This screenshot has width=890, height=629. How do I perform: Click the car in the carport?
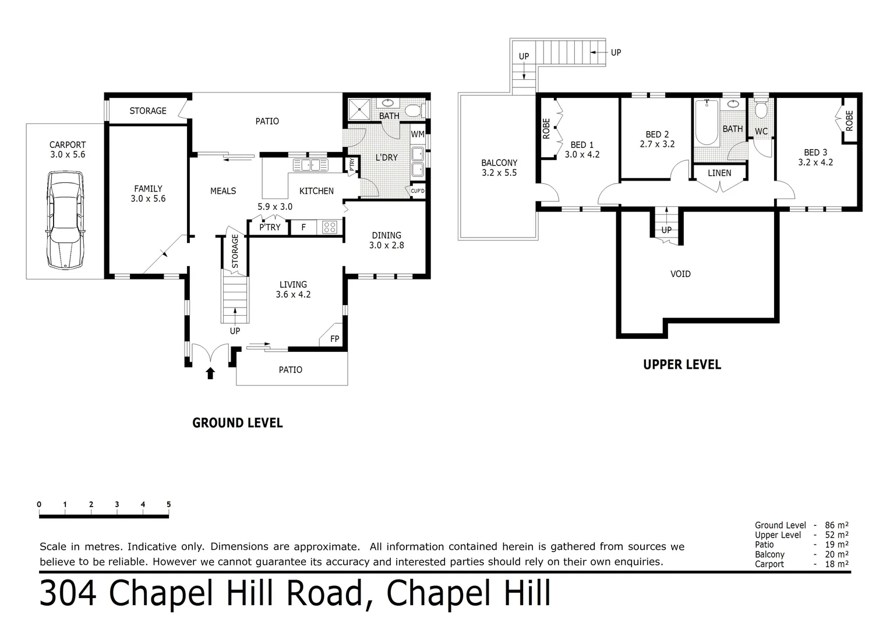tap(65, 220)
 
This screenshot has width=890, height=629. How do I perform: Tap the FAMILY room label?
tap(149, 193)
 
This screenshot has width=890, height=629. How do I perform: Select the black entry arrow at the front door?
tap(210, 373)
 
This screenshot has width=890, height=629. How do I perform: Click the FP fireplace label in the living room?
tap(334, 339)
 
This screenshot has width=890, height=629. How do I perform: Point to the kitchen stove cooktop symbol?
tap(330, 227)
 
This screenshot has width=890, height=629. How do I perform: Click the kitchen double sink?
tap(310, 165)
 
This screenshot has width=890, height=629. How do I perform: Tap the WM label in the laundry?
tap(418, 135)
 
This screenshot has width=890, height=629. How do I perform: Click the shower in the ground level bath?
tap(359, 109)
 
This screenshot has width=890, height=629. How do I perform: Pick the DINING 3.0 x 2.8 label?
tap(386, 240)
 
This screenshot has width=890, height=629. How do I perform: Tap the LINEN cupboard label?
tap(719, 173)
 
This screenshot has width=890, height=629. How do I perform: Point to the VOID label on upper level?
tap(680, 274)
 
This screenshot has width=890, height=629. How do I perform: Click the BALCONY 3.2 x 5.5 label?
tap(499, 168)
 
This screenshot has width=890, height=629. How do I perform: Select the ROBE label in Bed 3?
tap(849, 121)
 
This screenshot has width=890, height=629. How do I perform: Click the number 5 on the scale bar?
tap(168, 504)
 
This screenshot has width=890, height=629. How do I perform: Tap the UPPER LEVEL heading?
tap(681, 365)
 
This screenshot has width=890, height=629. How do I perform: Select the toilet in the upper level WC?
tap(761, 110)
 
